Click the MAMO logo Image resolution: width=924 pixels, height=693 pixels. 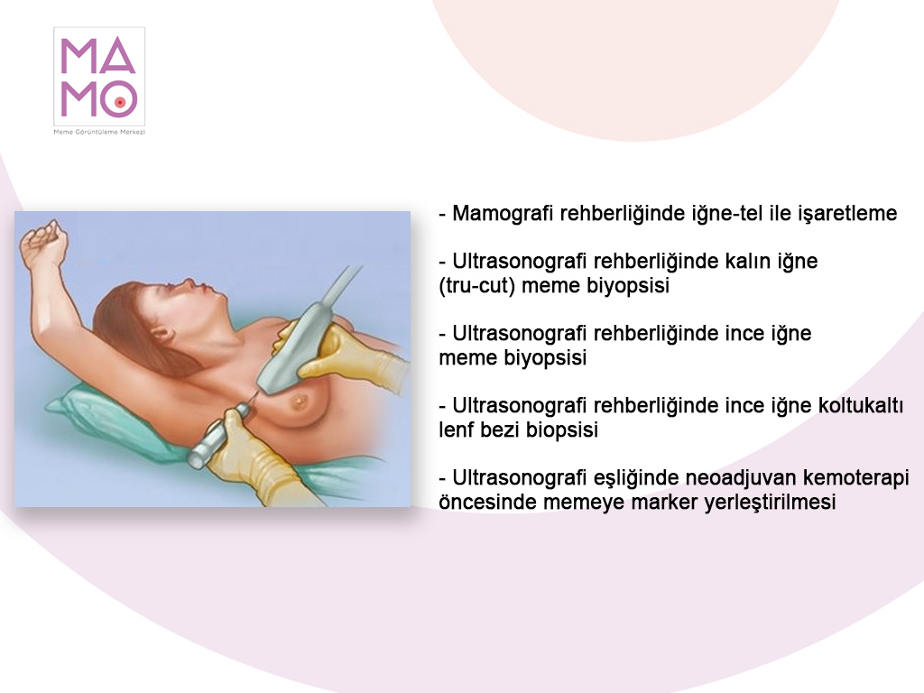point(99,76)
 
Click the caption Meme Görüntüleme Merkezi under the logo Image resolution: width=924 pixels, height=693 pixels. point(99,132)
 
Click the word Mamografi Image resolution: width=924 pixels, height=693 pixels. point(503,213)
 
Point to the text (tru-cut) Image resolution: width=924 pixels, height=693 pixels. point(476,286)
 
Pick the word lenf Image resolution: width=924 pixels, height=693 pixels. point(457,430)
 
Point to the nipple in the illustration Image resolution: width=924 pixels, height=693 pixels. point(300,402)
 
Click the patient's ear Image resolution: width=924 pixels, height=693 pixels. point(161,334)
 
